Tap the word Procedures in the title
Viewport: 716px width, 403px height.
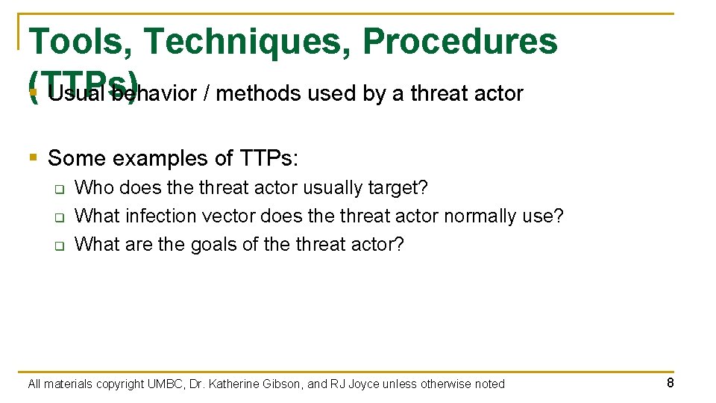(459, 41)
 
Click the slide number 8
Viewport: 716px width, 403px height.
(671, 383)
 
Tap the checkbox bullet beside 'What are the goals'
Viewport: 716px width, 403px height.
(58, 246)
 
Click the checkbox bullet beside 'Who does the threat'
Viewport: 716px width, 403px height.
(58, 189)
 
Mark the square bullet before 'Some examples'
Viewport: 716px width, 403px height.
(32, 157)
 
